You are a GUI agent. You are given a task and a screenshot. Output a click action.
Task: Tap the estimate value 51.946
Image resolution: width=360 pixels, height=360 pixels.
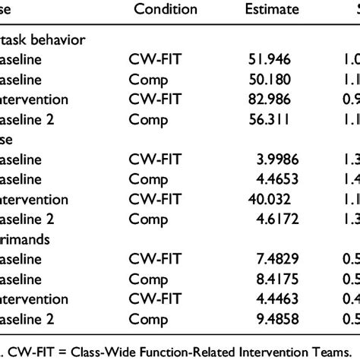tap(271, 58)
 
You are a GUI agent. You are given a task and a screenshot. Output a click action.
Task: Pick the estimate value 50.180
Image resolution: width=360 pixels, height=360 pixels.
tap(271, 78)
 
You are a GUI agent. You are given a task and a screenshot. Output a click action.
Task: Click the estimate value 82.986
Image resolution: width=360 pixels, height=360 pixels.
tap(271, 99)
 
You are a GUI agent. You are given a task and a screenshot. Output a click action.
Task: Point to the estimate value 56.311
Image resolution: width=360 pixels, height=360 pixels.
tap(271, 119)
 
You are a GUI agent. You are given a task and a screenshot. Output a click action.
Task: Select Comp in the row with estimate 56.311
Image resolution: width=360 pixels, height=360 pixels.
tap(146, 119)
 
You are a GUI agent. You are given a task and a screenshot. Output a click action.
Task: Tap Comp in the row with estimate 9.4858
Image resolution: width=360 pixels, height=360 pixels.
tap(146, 324)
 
